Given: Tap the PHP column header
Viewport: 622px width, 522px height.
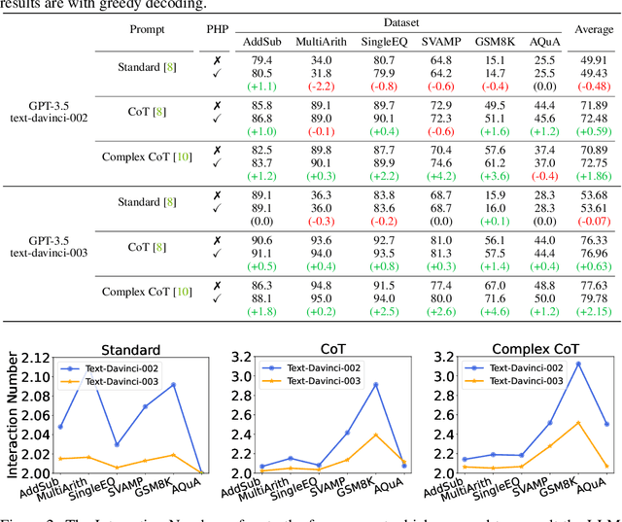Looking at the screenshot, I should pos(216,29).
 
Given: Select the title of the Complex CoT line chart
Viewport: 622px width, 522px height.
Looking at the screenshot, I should pos(534,347).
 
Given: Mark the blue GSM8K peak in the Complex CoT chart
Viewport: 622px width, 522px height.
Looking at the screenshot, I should pos(577,364).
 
